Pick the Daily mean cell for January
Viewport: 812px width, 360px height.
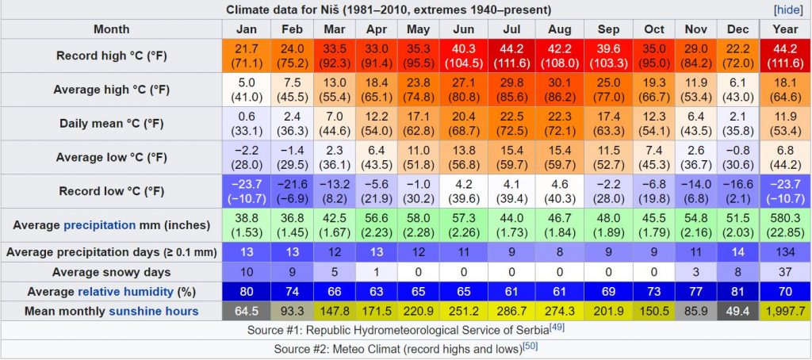(246, 124)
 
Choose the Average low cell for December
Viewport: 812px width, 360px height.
(737, 158)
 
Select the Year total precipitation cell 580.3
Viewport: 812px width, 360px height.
(784, 226)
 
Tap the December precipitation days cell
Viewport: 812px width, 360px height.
(737, 251)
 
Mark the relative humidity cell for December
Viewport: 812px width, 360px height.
(737, 291)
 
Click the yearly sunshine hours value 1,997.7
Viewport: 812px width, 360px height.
(784, 311)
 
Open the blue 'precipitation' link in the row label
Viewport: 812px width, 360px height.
(99, 225)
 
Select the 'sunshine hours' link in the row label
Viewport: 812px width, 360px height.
(154, 311)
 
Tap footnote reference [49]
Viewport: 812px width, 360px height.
(557, 327)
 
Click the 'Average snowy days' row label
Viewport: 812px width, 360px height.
(111, 272)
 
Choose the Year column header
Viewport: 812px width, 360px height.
(784, 29)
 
